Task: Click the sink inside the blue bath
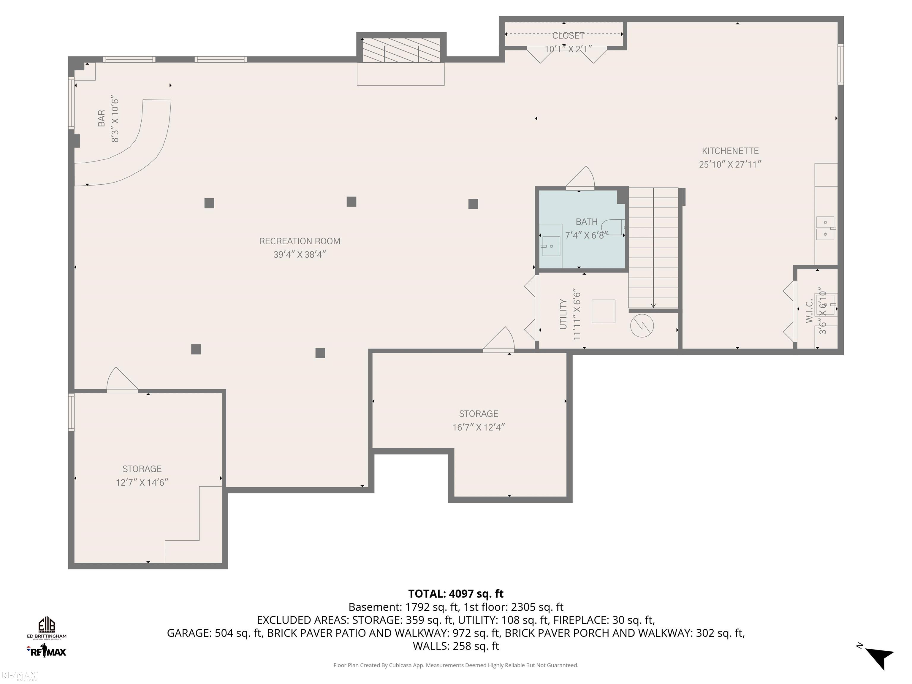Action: point(550,246)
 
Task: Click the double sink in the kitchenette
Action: point(825,228)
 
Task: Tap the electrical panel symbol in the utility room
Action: point(642,326)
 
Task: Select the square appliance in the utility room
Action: point(603,311)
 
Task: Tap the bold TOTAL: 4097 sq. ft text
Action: point(456,594)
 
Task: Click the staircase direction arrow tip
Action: point(653,306)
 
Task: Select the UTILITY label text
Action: point(563,314)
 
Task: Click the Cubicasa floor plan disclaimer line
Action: point(456,665)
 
